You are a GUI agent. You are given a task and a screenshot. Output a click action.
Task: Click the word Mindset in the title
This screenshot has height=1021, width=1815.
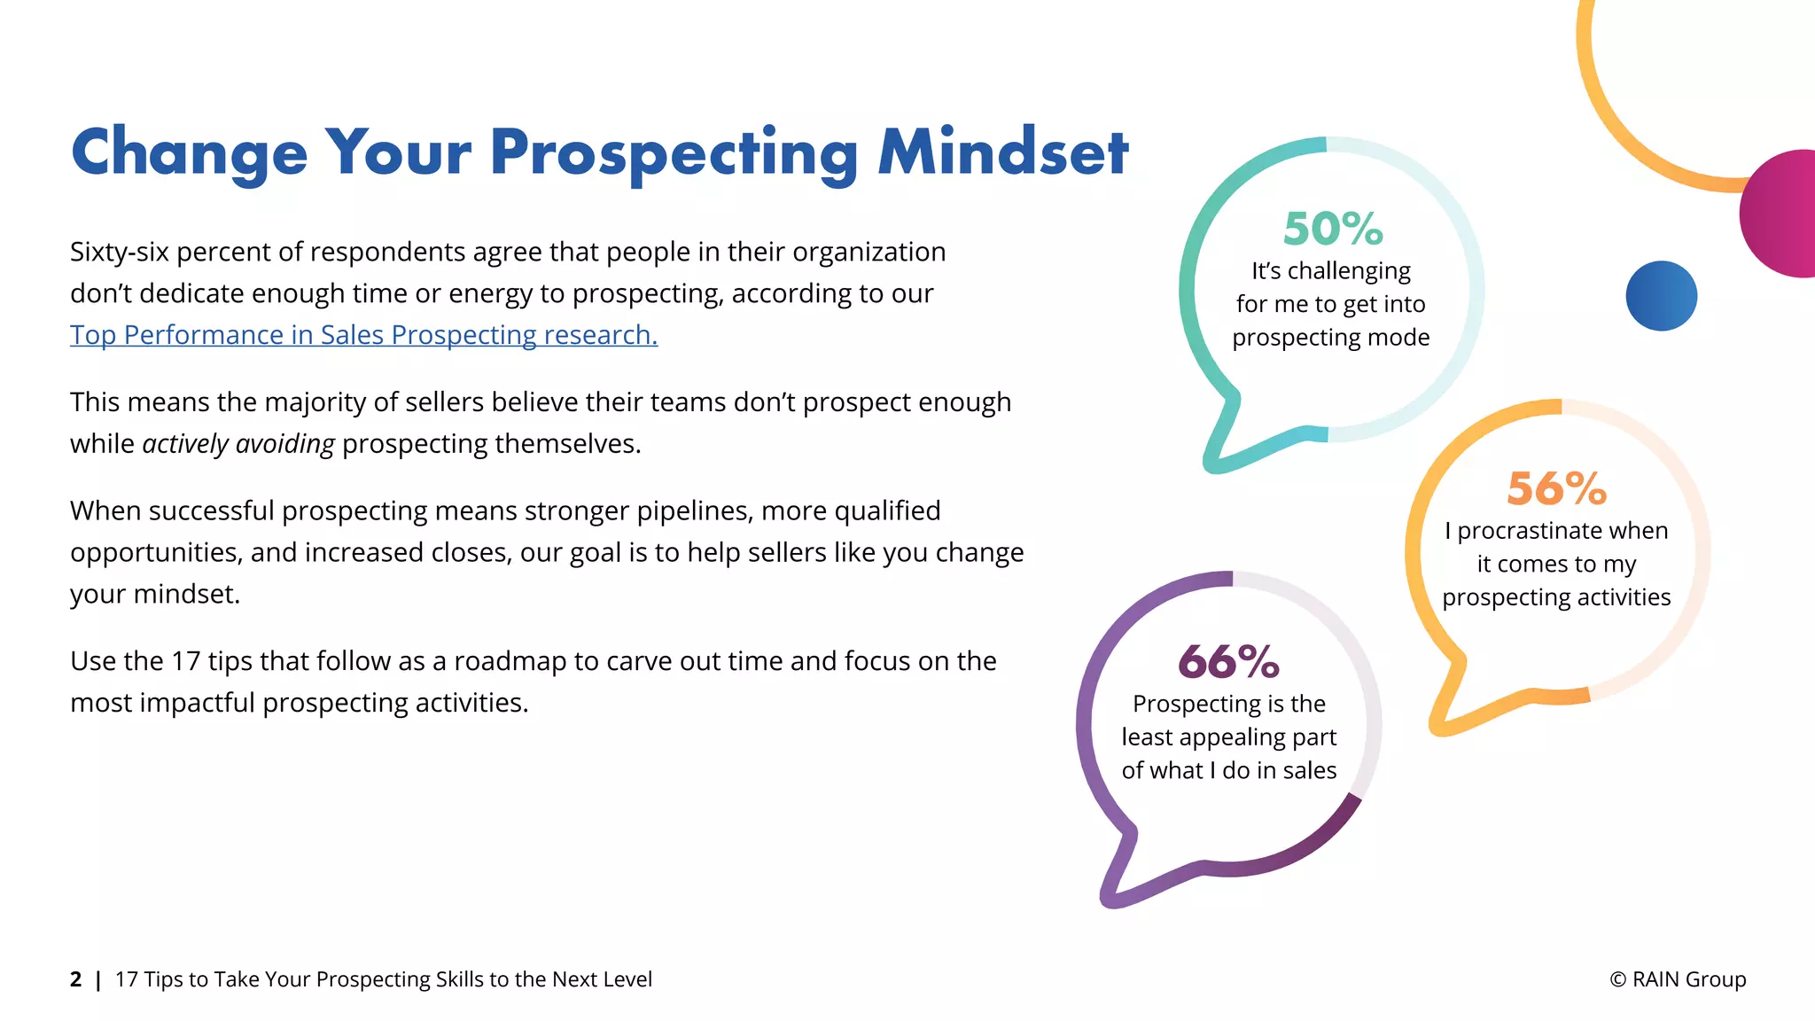pyautogui.click(x=1003, y=152)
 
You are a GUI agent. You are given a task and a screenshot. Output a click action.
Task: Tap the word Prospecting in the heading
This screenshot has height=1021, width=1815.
pyautogui.click(x=674, y=154)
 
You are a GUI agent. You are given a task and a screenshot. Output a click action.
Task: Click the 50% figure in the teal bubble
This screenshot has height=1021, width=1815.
pyautogui.click(x=1333, y=229)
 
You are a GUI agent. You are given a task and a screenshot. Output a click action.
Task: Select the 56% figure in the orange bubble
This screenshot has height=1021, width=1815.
pyautogui.click(x=1556, y=488)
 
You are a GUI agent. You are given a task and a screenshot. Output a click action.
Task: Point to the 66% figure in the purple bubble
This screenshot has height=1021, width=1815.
pyautogui.click(x=1228, y=662)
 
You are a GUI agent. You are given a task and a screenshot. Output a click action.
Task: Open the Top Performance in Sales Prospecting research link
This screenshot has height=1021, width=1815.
pyautogui.click(x=363, y=335)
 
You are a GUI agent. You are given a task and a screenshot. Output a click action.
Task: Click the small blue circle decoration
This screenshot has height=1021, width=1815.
pyautogui.click(x=1661, y=296)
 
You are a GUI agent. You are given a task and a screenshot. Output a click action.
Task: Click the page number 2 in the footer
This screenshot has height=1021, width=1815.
pyautogui.click(x=76, y=979)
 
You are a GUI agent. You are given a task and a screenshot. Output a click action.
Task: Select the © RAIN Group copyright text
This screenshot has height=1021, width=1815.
pyautogui.click(x=1678, y=979)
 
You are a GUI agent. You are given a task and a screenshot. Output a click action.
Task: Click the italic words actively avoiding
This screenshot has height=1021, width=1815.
pyautogui.click(x=238, y=443)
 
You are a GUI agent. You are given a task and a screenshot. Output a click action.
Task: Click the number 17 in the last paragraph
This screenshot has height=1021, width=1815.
pyautogui.click(x=186, y=661)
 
